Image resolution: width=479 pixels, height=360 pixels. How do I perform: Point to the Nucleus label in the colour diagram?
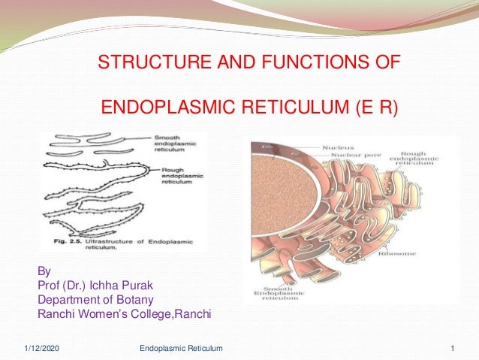(339, 148)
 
